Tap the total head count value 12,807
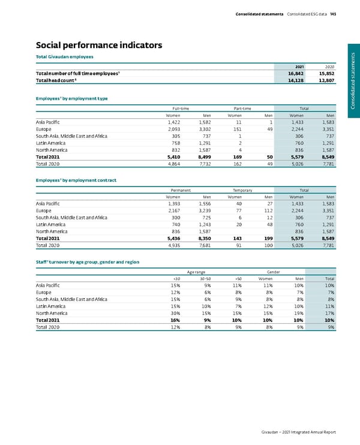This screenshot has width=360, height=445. (x=325, y=80)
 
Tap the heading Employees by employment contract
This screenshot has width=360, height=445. (x=76, y=180)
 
